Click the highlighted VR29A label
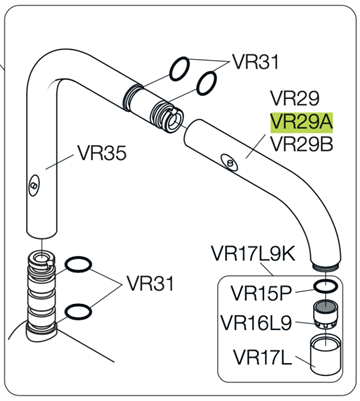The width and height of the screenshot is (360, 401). point(301,122)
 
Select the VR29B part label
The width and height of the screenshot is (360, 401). point(301,144)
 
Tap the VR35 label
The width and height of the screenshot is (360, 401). point(102,153)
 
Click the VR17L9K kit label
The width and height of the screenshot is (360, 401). point(253,254)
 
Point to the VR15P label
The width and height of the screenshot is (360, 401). point(261,293)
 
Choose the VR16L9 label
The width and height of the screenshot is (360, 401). point(256,323)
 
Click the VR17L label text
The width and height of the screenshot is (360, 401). point(262,357)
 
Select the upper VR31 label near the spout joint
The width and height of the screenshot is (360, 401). point(255,62)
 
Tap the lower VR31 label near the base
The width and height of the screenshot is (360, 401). point(150,284)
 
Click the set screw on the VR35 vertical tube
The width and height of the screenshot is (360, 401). point(34,184)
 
